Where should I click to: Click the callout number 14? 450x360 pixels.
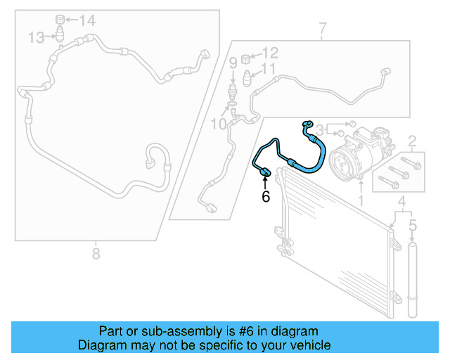86,21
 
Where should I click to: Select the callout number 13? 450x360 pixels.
37,37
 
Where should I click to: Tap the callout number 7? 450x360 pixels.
323,29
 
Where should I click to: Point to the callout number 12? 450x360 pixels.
270,52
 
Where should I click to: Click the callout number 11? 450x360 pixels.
268,68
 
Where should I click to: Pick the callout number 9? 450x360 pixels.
233,64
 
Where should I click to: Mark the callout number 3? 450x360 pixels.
319,129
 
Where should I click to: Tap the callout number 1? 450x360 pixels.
361,202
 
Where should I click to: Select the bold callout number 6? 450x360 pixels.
266,197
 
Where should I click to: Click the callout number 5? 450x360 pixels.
413,226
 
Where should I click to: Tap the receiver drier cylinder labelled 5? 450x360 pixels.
413,281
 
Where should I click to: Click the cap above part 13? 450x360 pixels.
60,18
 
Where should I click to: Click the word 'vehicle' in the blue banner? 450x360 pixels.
307,345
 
